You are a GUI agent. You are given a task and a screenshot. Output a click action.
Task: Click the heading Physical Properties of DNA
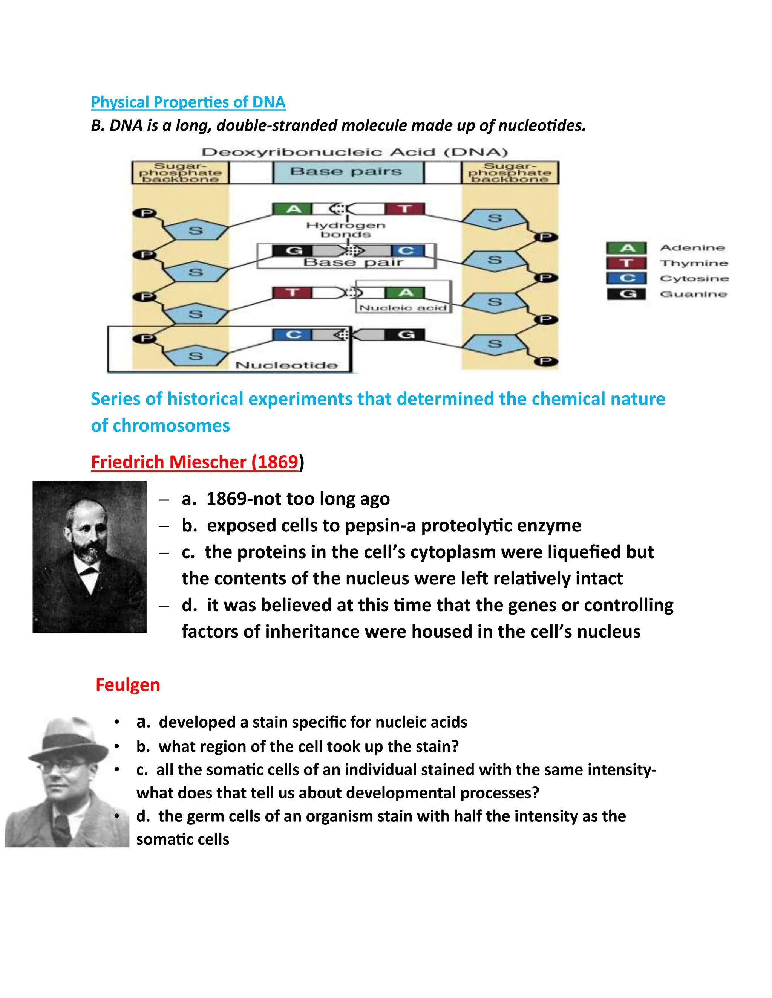tap(188, 102)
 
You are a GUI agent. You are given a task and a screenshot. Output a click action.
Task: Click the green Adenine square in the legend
tap(626, 248)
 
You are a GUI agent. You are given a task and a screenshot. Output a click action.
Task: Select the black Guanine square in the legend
tap(626, 294)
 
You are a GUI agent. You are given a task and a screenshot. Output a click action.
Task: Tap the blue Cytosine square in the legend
tap(626, 278)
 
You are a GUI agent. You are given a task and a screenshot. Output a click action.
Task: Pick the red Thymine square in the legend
tap(626, 263)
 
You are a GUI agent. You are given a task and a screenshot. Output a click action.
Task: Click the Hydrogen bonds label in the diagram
tap(346, 229)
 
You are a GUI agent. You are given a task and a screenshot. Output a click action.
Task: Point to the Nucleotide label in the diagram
tap(286, 365)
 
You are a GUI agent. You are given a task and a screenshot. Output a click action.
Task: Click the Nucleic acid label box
tap(403, 308)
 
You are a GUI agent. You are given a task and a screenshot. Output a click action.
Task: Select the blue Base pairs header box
tap(348, 172)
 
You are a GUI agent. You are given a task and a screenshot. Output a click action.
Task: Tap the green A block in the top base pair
tap(293, 209)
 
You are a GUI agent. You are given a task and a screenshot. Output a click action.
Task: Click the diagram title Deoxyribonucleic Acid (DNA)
tap(355, 152)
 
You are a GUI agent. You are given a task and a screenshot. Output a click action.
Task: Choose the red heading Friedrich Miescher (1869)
tap(195, 462)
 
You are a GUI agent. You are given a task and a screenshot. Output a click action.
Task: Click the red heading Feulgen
tap(128, 685)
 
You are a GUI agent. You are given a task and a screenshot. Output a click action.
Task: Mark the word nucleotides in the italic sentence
tap(542, 125)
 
